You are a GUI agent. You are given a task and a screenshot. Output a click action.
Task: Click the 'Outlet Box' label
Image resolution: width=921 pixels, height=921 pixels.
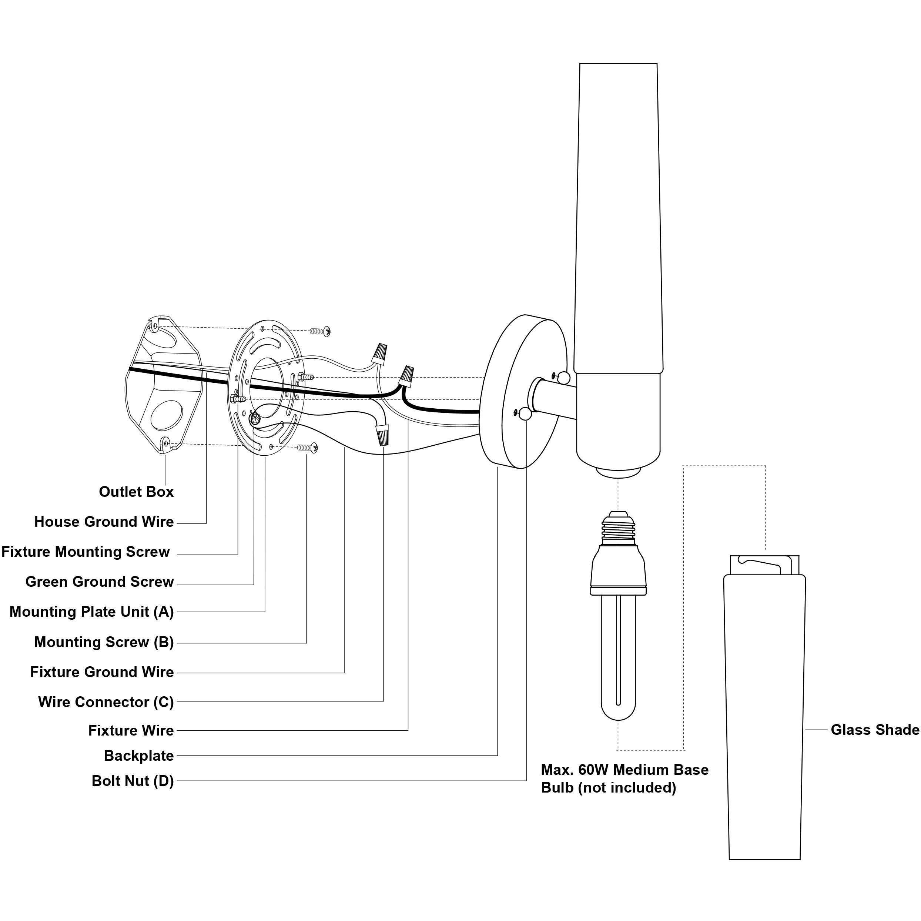(136, 492)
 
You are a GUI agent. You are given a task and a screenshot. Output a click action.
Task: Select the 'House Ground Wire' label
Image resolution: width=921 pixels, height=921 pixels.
(104, 522)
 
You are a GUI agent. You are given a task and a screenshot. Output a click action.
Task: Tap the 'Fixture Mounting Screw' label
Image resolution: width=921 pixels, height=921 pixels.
(86, 552)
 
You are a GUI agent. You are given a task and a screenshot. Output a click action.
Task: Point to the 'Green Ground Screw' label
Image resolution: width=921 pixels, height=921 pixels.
(100, 582)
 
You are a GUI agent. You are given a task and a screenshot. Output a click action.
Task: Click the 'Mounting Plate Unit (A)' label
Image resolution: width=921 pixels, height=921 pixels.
(91, 612)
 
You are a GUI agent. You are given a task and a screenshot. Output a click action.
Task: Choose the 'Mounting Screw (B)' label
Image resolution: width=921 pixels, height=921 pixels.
(104, 643)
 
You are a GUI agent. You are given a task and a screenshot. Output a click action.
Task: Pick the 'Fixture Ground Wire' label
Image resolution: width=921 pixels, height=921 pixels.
(102, 672)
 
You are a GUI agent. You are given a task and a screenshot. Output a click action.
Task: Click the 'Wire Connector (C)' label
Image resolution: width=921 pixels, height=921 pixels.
(106, 702)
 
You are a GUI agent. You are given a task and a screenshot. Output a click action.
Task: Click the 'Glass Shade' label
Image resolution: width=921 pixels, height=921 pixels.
(875, 730)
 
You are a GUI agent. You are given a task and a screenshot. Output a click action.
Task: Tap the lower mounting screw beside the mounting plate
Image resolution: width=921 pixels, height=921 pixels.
(308, 447)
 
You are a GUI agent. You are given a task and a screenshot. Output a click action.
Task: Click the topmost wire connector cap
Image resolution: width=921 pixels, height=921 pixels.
(379, 353)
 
